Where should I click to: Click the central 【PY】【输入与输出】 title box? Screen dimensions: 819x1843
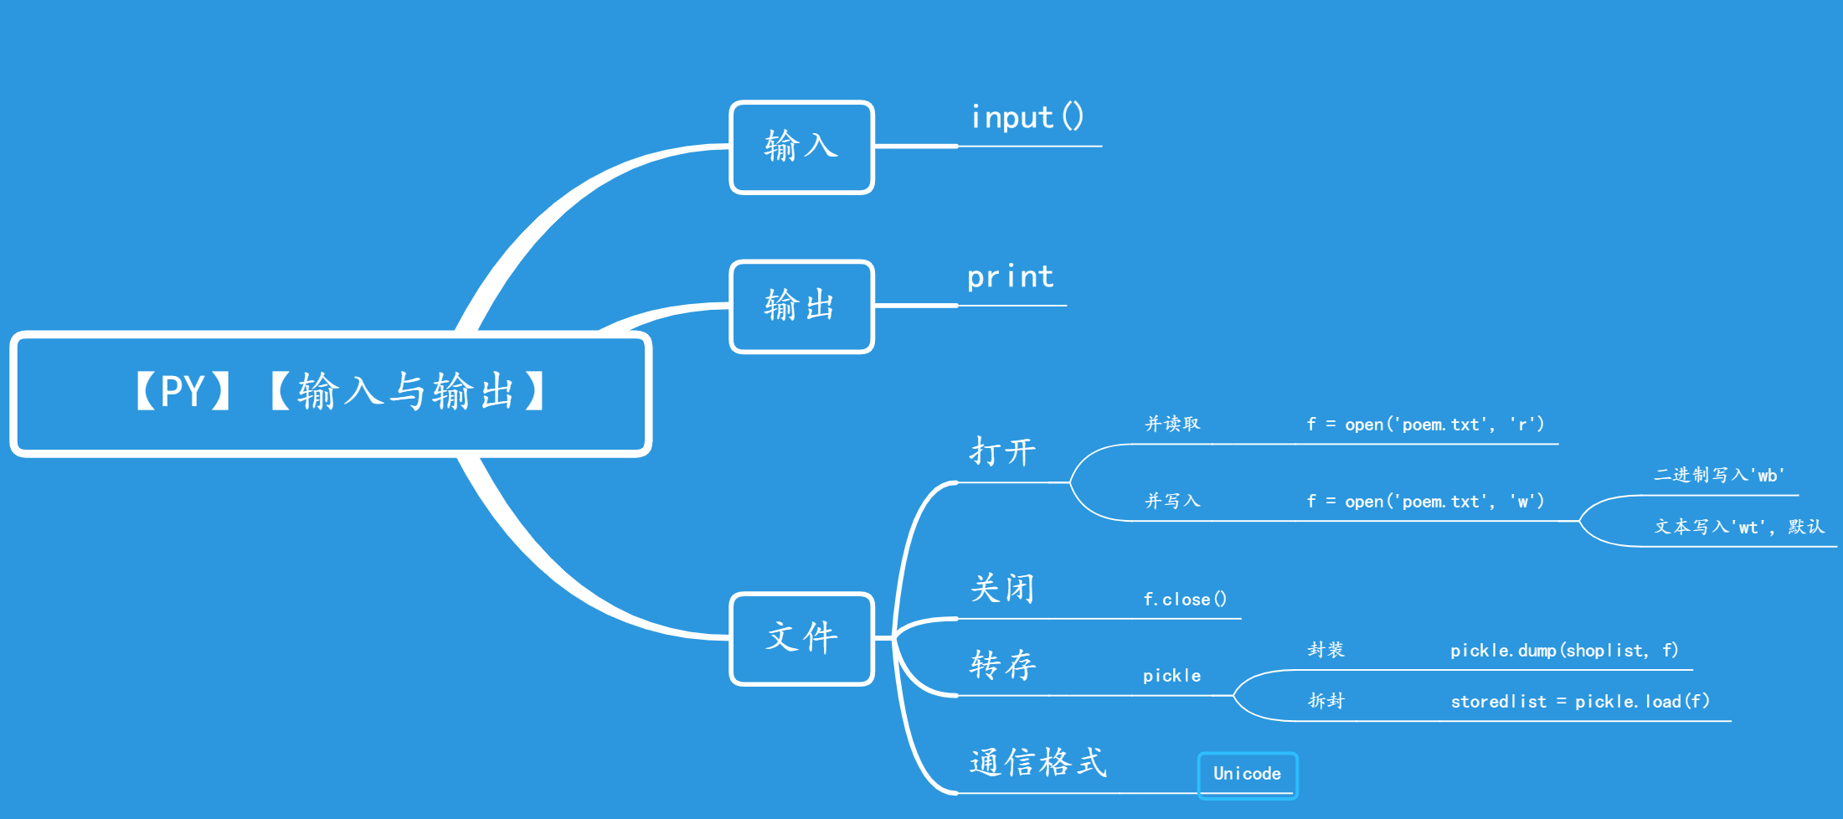pos(331,394)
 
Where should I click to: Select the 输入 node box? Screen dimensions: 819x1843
pos(801,147)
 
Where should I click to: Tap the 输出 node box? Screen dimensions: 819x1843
pos(801,306)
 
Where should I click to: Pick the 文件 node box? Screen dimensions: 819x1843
pos(801,638)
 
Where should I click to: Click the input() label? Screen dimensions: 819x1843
pos(1027,118)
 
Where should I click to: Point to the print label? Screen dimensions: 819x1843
pos(1011,277)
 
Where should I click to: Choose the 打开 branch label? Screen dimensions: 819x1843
pos(1002,452)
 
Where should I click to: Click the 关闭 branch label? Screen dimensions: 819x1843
pos(1002,589)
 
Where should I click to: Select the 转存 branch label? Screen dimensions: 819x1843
pos(1002,665)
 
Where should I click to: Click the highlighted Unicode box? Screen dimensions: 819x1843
pos(1247,775)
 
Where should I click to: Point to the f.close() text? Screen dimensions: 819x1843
pos(1185,600)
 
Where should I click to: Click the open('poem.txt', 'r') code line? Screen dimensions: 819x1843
pos(1425,425)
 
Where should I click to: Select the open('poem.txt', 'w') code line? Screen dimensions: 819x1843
pos(1425,502)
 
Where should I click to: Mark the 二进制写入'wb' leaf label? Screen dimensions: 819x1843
pos(1719,476)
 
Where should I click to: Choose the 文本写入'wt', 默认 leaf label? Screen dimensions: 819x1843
pos(1738,527)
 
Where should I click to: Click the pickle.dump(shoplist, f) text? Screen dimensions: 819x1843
pos(1564,651)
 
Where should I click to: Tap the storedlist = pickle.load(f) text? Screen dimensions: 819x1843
pos(1580,702)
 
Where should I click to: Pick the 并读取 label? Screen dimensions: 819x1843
pos(1172,425)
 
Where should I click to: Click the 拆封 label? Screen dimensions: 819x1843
pos(1326,701)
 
